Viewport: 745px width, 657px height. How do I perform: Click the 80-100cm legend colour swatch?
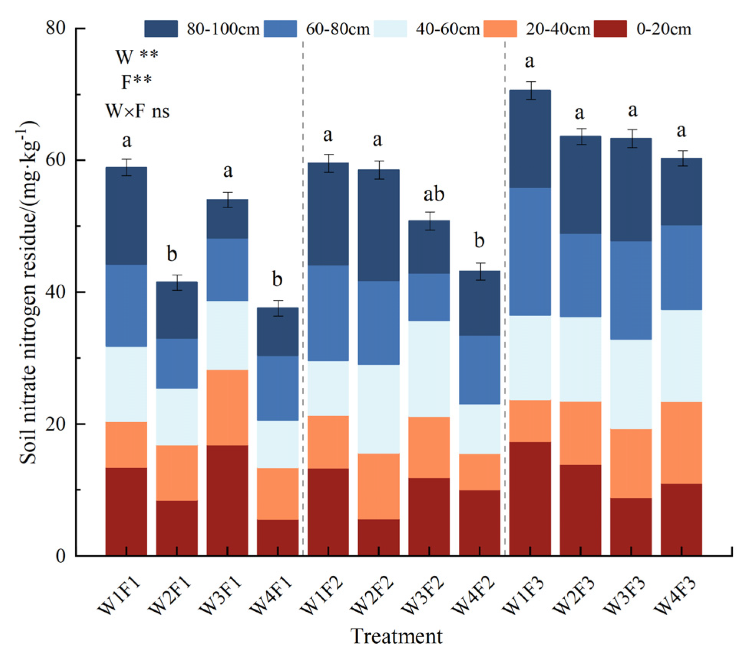(161, 29)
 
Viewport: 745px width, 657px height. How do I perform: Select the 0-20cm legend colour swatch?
(610, 29)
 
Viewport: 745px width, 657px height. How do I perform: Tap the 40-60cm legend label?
(447, 29)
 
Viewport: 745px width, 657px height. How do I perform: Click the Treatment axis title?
(396, 636)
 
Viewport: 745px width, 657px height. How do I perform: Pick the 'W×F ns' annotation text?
(137, 112)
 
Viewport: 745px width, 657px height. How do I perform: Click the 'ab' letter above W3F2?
(434, 194)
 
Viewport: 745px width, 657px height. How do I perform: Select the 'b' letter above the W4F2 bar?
(479, 241)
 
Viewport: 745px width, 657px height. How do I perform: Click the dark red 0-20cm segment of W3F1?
(227, 500)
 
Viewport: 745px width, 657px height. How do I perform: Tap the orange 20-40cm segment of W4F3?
(681, 443)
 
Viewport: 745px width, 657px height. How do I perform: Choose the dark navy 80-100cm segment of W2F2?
(378, 225)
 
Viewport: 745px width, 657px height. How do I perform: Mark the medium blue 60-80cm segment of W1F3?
(530, 252)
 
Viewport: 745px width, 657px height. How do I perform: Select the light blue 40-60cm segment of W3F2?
(429, 369)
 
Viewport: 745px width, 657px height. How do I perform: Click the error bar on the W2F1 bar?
(177, 282)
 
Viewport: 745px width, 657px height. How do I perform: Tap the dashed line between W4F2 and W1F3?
(504, 307)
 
